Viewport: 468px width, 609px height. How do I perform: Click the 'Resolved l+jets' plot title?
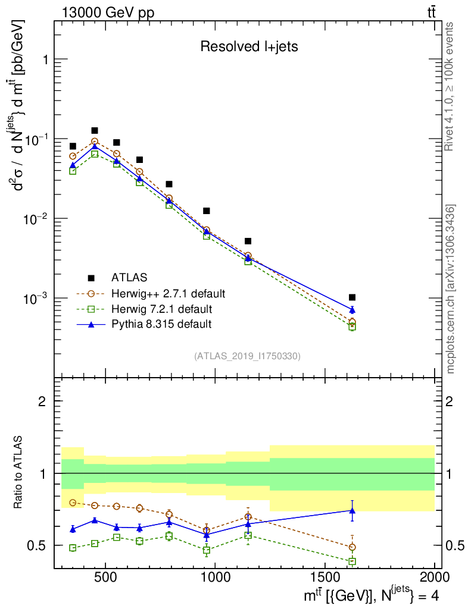pos(249,47)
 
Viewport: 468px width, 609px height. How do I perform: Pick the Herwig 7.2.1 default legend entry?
pos(161,309)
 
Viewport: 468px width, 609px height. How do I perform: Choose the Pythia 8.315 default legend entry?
pos(161,324)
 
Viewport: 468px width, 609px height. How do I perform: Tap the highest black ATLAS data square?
pos(95,131)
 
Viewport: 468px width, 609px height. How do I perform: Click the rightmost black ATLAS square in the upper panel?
pos(352,297)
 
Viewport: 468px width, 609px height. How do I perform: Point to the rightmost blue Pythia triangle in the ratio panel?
pos(352,510)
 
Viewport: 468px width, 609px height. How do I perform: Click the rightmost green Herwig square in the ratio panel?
pos(352,561)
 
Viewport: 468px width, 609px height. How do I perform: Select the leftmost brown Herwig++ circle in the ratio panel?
pos(73,503)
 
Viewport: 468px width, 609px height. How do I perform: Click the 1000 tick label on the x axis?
pos(216,577)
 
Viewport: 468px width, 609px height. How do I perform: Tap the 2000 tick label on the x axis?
pos(435,577)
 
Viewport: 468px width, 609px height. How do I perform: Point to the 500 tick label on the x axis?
pos(105,577)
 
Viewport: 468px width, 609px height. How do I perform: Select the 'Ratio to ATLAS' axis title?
pos(20,473)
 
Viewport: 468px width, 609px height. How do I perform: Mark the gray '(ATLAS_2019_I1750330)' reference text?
pos(247,356)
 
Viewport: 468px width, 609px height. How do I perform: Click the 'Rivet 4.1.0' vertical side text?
pos(450,86)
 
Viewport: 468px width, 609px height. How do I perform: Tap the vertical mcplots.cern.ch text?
pos(451,288)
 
